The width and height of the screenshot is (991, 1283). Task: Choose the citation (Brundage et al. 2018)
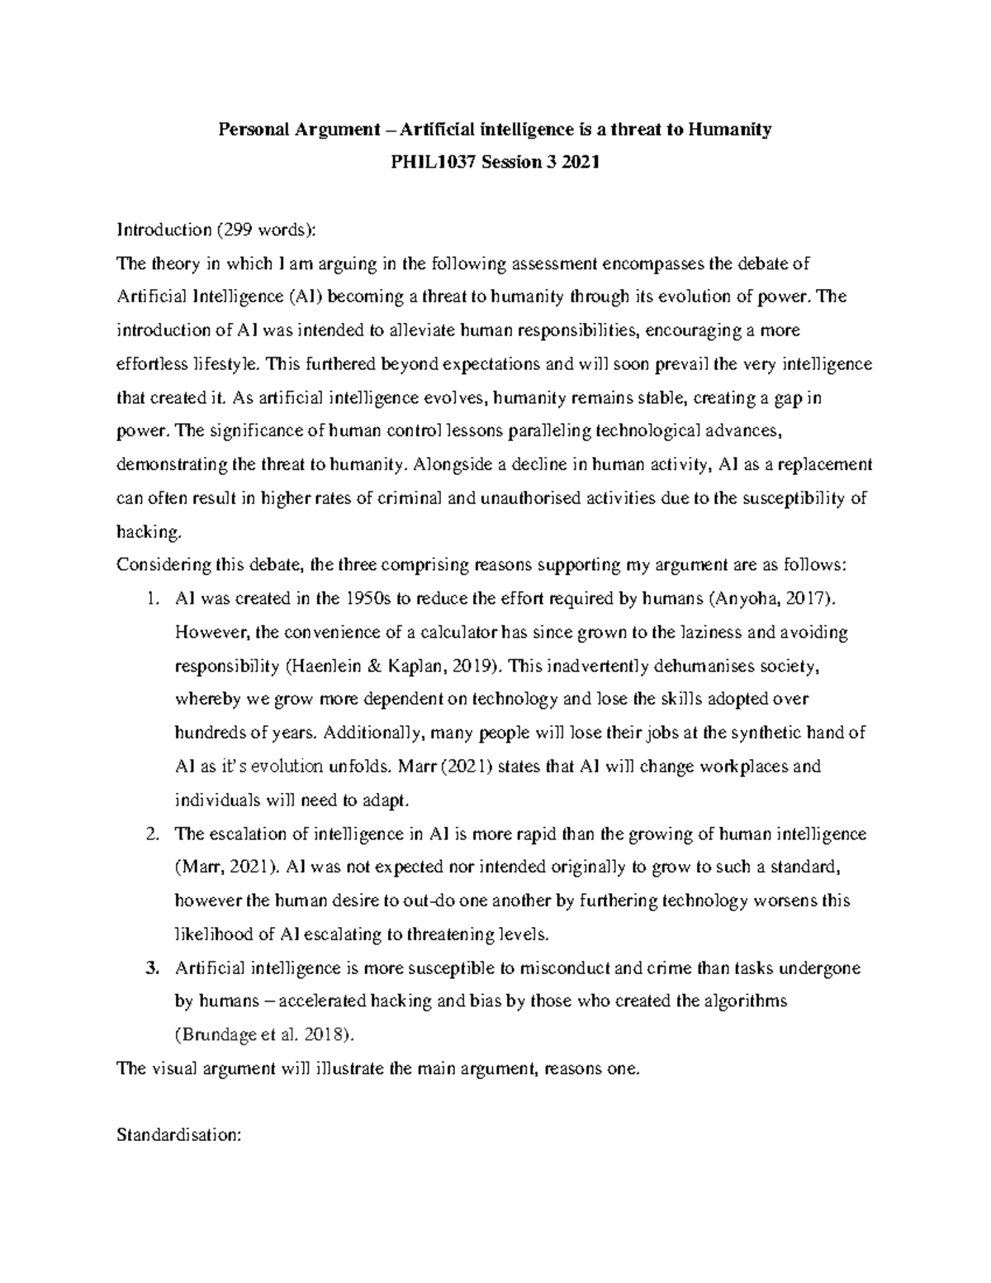pos(268,1034)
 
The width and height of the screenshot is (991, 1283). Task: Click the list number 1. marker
pos(150,598)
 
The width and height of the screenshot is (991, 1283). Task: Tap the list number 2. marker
pos(150,834)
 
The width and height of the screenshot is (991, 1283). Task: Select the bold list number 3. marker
pos(150,967)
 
